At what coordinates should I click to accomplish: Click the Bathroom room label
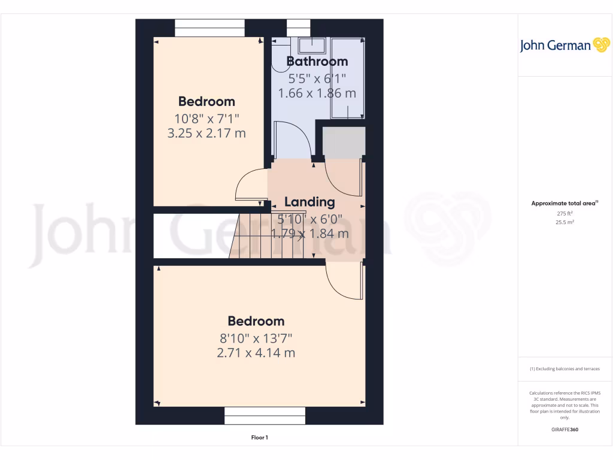click(x=317, y=61)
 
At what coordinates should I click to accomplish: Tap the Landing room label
click(x=309, y=202)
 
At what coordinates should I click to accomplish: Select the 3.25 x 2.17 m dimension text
click(x=207, y=133)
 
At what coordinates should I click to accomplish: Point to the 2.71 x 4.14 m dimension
click(x=256, y=353)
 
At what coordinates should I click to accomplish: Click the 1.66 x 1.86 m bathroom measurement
click(x=317, y=93)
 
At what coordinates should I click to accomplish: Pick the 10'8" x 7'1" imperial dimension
click(x=207, y=117)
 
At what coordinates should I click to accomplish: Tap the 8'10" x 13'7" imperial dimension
click(x=256, y=337)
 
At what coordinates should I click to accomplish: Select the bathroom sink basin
click(x=311, y=46)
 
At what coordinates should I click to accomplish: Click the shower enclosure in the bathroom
click(x=348, y=78)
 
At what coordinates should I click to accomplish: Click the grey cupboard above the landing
click(x=344, y=143)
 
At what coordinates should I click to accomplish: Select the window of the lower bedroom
click(x=264, y=415)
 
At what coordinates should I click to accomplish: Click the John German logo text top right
click(x=555, y=46)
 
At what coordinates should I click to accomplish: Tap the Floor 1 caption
click(x=259, y=438)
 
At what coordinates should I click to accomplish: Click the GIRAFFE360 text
click(x=565, y=429)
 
